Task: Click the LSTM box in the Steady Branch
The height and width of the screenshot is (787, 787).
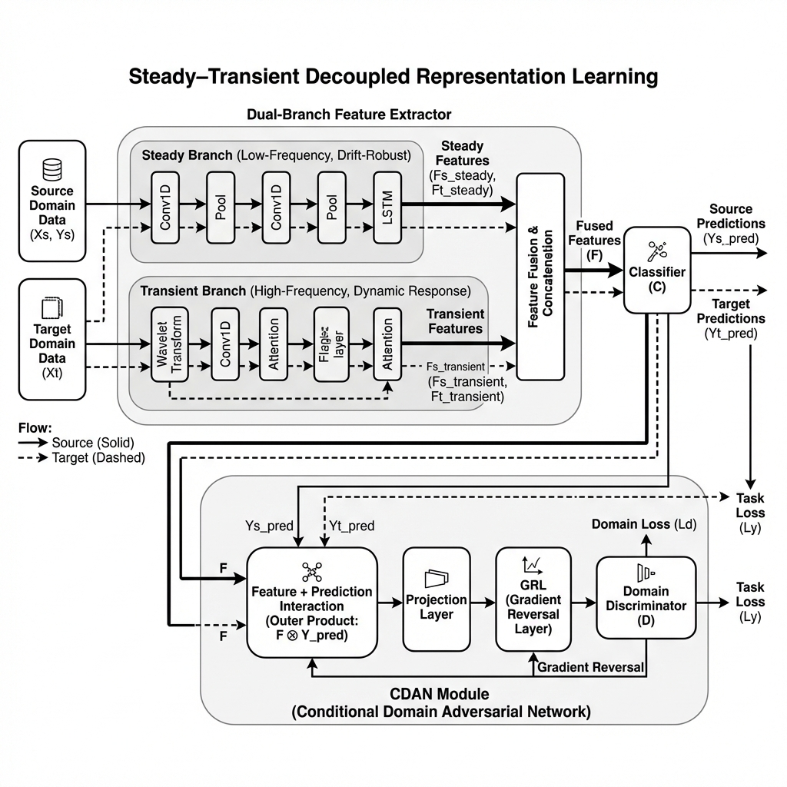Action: tap(387, 206)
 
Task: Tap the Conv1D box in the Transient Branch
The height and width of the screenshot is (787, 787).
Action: tap(225, 344)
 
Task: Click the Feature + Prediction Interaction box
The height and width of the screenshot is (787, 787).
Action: tap(311, 602)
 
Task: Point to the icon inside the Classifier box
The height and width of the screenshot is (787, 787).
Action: tap(656, 251)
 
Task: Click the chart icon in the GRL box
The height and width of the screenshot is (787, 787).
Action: tap(533, 566)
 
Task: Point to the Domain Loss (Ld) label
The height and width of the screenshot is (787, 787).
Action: tap(644, 524)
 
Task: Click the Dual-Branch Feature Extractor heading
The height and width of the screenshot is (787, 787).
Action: tap(349, 114)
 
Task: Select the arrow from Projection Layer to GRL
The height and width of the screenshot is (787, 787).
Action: tap(483, 603)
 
